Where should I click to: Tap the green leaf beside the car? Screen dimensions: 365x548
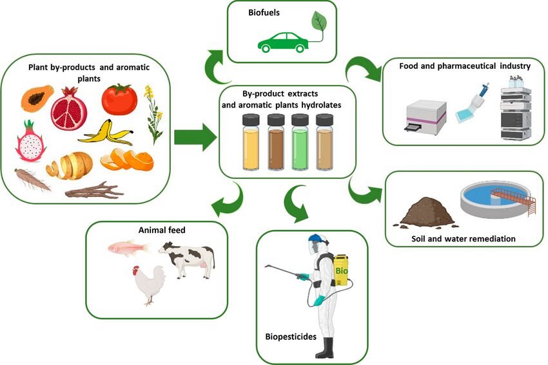[319, 22]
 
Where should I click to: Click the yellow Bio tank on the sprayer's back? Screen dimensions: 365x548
[341, 270]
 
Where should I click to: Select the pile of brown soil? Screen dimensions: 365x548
[424, 211]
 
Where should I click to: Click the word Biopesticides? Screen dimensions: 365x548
[291, 336]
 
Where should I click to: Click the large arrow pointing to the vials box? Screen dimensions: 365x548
[197, 136]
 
